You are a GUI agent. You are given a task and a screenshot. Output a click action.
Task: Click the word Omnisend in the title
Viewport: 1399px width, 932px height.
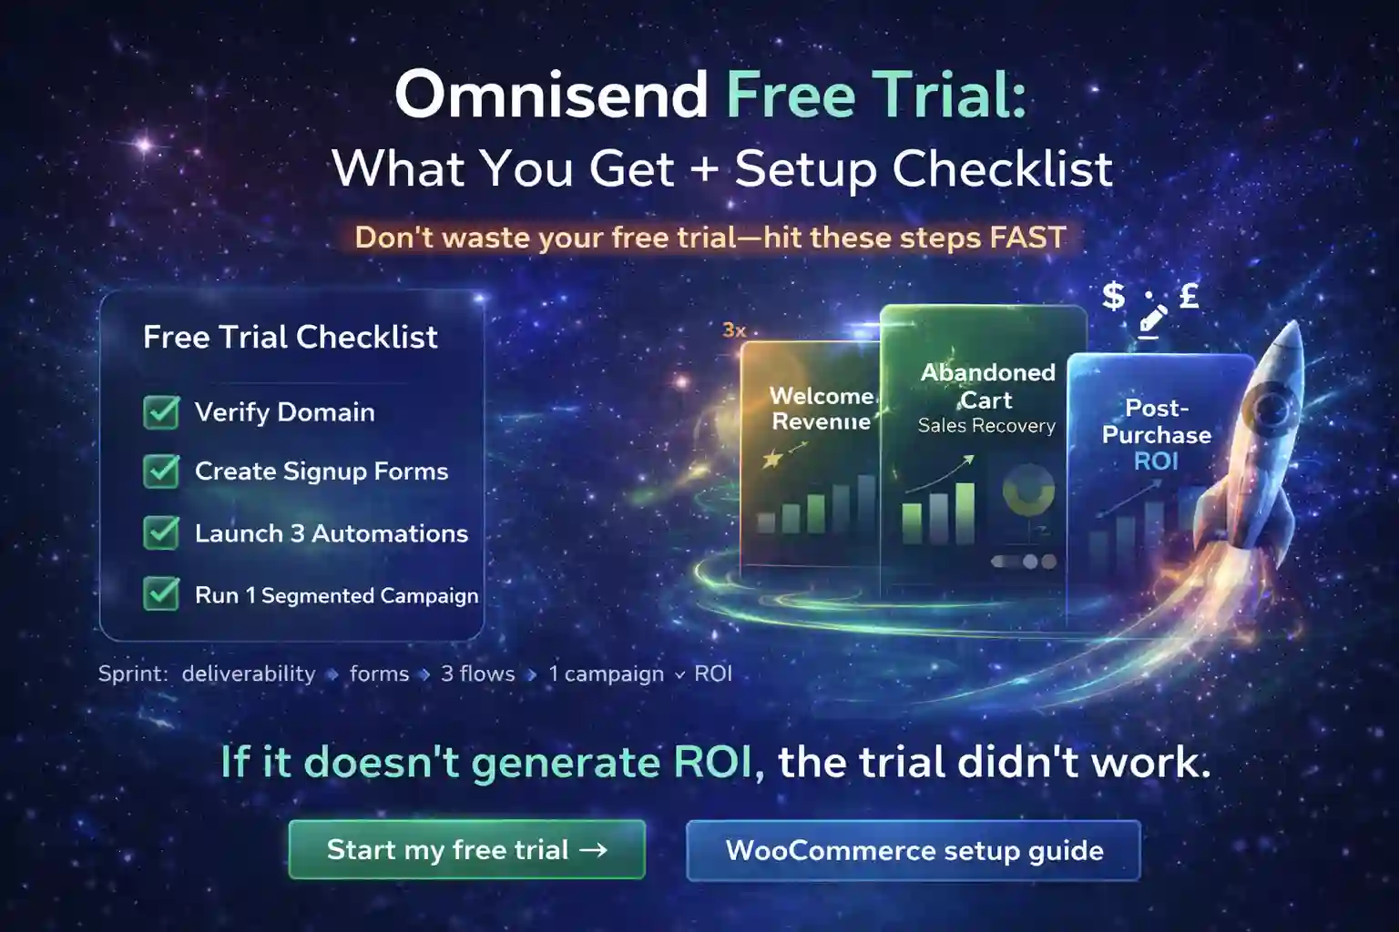(x=550, y=95)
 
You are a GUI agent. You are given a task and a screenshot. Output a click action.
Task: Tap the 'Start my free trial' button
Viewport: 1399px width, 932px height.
(x=466, y=850)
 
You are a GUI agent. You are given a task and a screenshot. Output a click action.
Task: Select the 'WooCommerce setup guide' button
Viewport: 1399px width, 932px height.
(x=914, y=851)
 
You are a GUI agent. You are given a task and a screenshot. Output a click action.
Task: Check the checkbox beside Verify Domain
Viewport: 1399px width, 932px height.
(x=161, y=412)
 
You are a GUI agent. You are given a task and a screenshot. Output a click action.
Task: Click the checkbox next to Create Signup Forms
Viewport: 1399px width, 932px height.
(x=161, y=471)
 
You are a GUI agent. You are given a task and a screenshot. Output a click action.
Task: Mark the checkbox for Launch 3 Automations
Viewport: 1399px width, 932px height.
(x=161, y=533)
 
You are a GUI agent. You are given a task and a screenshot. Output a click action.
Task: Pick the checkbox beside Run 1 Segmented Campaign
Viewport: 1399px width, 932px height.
(x=161, y=595)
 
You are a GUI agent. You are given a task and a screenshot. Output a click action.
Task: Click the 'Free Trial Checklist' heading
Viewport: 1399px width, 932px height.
(x=290, y=338)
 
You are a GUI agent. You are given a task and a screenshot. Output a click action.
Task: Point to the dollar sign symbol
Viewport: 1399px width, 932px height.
(x=1113, y=296)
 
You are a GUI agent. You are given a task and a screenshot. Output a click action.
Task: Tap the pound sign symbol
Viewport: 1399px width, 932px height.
(x=1189, y=296)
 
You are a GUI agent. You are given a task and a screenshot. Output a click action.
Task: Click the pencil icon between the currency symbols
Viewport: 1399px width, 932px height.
(x=1152, y=318)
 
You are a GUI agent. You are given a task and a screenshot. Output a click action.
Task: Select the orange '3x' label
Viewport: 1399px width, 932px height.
(x=734, y=330)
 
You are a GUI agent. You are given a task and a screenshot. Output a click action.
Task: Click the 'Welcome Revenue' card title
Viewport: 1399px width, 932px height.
(x=822, y=409)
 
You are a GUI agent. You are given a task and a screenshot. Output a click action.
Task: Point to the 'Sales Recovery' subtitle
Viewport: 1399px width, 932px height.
(x=986, y=426)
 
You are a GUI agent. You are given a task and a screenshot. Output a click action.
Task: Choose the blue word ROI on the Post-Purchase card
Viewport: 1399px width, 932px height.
(x=1156, y=461)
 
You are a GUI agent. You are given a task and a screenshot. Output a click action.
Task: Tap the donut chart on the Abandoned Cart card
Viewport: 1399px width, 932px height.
(x=1028, y=490)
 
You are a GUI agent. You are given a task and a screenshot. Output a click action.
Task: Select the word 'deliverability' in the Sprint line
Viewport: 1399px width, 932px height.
(x=249, y=674)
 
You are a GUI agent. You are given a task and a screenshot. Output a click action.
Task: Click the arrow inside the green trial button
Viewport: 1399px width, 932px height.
(x=593, y=850)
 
